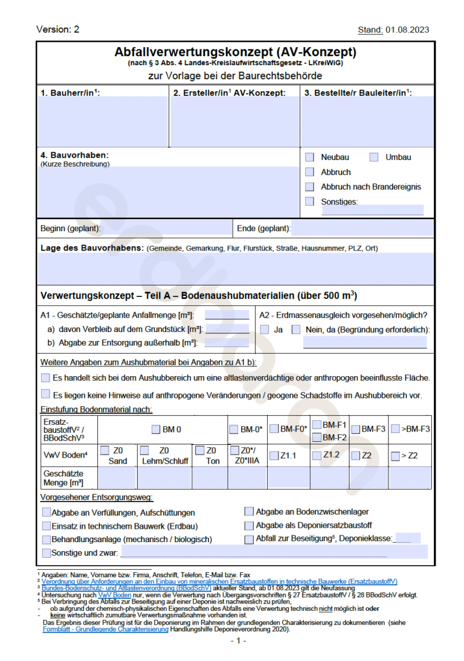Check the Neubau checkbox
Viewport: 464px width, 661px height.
tap(310, 157)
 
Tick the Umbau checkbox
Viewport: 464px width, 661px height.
tap(374, 157)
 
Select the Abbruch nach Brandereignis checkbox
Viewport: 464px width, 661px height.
tap(310, 187)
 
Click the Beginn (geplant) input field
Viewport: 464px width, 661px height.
tap(166, 228)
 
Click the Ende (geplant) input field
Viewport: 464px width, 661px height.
tap(362, 228)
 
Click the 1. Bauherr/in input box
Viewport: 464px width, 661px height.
tap(102, 121)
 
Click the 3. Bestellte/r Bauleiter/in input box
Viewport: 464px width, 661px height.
tap(367, 121)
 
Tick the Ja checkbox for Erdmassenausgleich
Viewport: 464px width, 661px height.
tap(265, 330)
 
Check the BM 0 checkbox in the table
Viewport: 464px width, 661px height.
tap(156, 430)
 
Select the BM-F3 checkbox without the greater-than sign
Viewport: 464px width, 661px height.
tap(355, 429)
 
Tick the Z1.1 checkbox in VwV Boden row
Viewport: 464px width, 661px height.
tap(274, 456)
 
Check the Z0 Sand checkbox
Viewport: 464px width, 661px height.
tap(105, 450)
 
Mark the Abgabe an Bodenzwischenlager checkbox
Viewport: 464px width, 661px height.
tap(249, 512)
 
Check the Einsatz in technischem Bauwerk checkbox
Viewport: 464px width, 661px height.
tap(47, 526)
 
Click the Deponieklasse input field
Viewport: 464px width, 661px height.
tap(408, 538)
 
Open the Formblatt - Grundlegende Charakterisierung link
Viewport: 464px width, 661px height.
tap(105, 629)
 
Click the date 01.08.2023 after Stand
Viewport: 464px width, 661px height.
tap(408, 30)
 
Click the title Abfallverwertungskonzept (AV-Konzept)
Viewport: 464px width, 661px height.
tap(235, 52)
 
